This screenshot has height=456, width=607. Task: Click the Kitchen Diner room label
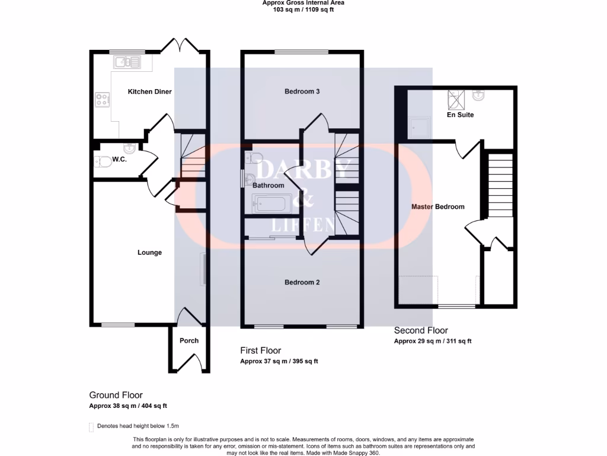pyautogui.click(x=150, y=91)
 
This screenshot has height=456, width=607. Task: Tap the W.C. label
pyautogui.click(x=120, y=159)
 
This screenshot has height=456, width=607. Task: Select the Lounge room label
pyautogui.click(x=149, y=252)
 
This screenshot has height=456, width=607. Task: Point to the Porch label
pyautogui.click(x=189, y=340)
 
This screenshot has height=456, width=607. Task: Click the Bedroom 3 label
pyautogui.click(x=302, y=91)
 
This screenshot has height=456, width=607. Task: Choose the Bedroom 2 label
pyautogui.click(x=302, y=282)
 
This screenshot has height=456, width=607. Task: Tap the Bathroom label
pyautogui.click(x=269, y=185)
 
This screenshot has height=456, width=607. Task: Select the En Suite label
pyautogui.click(x=460, y=115)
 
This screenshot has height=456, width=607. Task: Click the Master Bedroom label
pyautogui.click(x=438, y=207)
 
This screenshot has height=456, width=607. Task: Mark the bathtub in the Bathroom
pyautogui.click(x=269, y=205)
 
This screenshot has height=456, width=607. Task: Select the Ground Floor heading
pyautogui.click(x=116, y=395)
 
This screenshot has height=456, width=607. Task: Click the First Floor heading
pyautogui.click(x=260, y=350)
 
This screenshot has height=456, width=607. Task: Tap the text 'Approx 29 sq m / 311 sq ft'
pyautogui.click(x=432, y=341)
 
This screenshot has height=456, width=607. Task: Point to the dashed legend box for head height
pyautogui.click(x=91, y=426)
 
